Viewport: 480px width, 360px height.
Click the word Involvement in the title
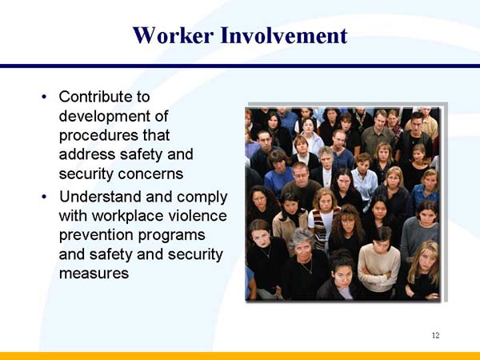point(284,36)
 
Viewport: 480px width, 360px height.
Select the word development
point(105,116)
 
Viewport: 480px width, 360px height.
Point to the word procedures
point(100,135)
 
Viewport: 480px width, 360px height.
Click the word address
point(87,154)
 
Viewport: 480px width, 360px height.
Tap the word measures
point(94,274)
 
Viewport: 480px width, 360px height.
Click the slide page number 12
point(435,334)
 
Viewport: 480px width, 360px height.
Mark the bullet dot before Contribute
point(44,98)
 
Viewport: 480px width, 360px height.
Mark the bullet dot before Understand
point(44,198)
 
